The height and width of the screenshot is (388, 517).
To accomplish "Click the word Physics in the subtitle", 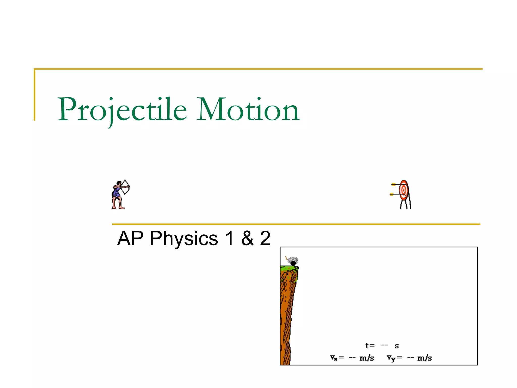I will click(184, 238).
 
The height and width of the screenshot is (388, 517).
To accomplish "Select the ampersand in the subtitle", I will click(247, 238).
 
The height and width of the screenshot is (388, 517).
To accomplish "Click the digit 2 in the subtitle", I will click(265, 238).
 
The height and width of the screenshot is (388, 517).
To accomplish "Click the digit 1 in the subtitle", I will click(229, 238).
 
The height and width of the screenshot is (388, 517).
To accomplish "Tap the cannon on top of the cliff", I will click(293, 261).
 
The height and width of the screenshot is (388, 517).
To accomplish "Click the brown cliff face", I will click(287, 316).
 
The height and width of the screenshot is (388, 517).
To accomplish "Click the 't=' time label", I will click(370, 346).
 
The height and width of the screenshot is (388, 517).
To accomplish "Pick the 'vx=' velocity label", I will click(337, 358).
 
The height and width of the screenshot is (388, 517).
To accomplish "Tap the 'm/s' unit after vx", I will click(367, 358).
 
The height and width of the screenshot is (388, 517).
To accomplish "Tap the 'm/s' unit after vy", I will click(424, 358).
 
